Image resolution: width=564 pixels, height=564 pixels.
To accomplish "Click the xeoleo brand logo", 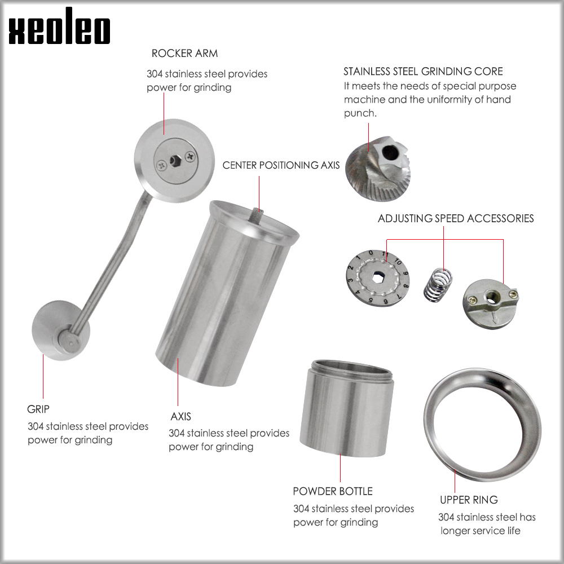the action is click(x=59, y=26).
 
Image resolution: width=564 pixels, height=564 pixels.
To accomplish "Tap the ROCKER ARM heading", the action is click(x=184, y=53).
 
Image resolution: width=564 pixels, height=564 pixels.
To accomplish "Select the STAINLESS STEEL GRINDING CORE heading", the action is click(x=423, y=71).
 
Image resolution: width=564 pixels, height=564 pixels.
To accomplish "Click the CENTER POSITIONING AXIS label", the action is click(x=281, y=165).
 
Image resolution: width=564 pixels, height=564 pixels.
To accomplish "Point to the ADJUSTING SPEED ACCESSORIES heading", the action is click(x=456, y=218).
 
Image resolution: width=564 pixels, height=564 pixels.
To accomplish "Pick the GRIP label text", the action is click(x=38, y=409).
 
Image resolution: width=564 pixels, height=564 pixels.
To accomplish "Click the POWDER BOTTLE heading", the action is click(x=333, y=491).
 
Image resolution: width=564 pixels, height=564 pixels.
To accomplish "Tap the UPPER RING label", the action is click(x=469, y=500).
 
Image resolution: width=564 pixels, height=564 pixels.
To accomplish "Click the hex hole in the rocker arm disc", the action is click(x=175, y=160).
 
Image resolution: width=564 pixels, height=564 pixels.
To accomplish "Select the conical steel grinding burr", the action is click(x=378, y=168).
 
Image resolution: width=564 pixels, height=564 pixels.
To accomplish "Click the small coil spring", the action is click(x=438, y=284).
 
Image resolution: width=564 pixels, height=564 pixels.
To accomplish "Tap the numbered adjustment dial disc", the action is click(x=378, y=277).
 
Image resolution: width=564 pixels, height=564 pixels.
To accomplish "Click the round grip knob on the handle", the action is click(x=61, y=331).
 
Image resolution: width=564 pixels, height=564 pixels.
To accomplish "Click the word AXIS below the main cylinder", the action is click(x=180, y=416).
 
